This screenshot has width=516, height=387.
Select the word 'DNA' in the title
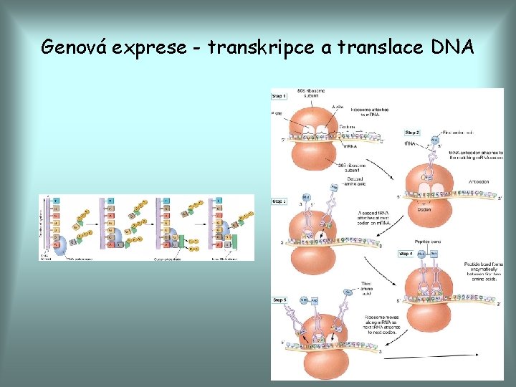pyautogui.click(x=452, y=47)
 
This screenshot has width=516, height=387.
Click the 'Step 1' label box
pyautogui.click(x=279, y=95)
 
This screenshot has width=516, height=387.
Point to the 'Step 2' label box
pyautogui.click(x=412, y=133)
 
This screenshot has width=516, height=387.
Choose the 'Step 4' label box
pyautogui.click(x=406, y=254)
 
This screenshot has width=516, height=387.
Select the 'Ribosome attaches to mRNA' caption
pyautogui.click(x=370, y=112)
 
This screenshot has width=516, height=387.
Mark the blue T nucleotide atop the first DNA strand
pyautogui.click(x=56, y=201)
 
